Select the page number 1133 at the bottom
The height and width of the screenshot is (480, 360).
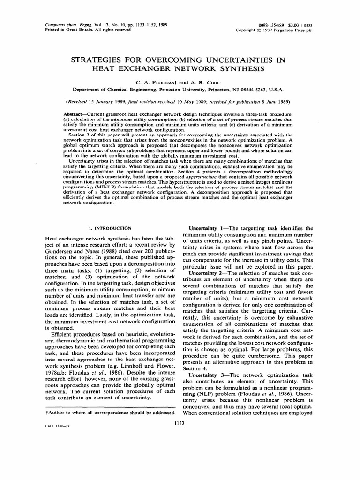(180, 423)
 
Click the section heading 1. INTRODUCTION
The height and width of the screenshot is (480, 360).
(110, 228)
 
